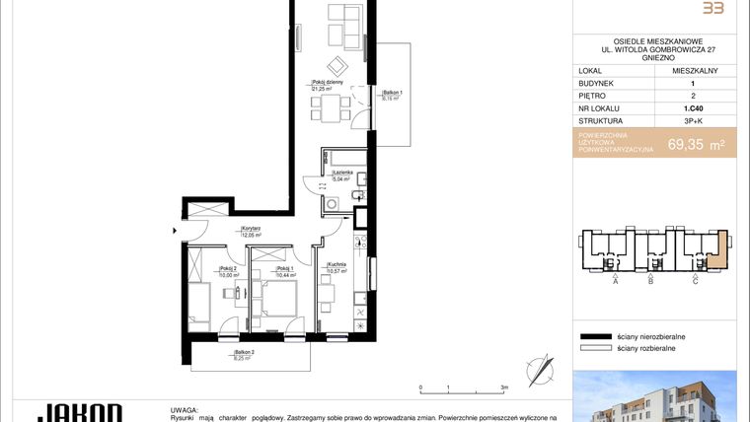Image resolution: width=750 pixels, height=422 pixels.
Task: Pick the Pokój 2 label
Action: [x=202, y=271]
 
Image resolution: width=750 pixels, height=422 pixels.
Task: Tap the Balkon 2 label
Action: [x=245, y=355]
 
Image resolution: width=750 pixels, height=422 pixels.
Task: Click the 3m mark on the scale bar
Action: [x=504, y=388]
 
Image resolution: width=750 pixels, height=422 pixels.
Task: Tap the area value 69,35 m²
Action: [x=696, y=144]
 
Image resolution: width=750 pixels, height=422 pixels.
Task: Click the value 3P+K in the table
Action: [x=695, y=120]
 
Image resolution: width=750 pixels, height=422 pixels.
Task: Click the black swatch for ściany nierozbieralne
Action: [x=596, y=336]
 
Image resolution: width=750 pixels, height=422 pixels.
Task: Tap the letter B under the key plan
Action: [x=650, y=281]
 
